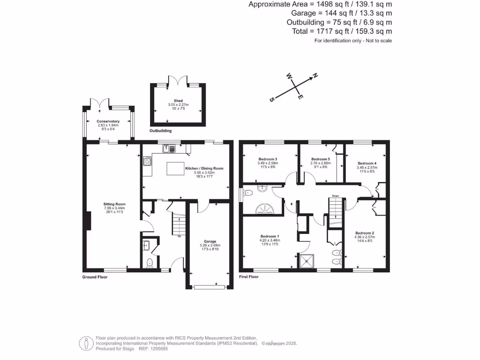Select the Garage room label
pyautogui.click(x=210, y=241)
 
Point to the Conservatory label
pyautogui.click(x=108, y=121)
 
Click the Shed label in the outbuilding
pyautogui.click(x=178, y=101)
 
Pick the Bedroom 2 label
pyautogui.click(x=364, y=233)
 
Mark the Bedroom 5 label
pyautogui.click(x=321, y=159)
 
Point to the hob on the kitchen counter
pyautogui.click(x=147, y=162)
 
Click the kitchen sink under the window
pyautogui.click(x=169, y=149)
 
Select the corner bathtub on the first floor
pyautogui.click(x=264, y=209)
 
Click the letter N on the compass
pyautogui.click(x=315, y=75)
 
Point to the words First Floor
pyautogui.click(x=249, y=277)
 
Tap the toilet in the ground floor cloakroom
pyautogui.click(x=150, y=262)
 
